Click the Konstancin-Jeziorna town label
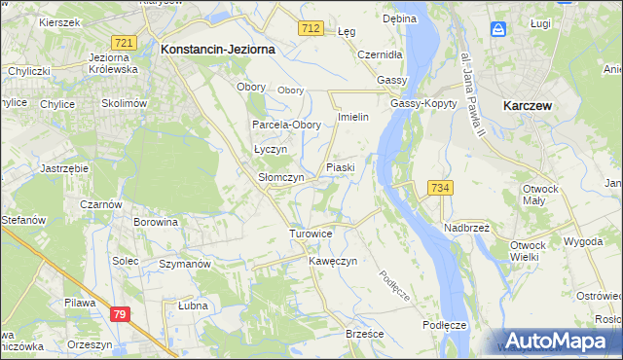pyautogui.click(x=218, y=48)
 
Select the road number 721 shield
pyautogui.click(x=124, y=43)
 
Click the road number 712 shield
pyautogui.click(x=311, y=29)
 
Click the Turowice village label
pyautogui.click(x=311, y=234)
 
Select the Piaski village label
pyautogui.click(x=341, y=168)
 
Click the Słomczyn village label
pyautogui.click(x=280, y=178)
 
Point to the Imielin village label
pyautogui.click(x=351, y=117)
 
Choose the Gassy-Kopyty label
pyautogui.click(x=419, y=104)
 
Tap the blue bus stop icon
pyautogui.click(x=498, y=29)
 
